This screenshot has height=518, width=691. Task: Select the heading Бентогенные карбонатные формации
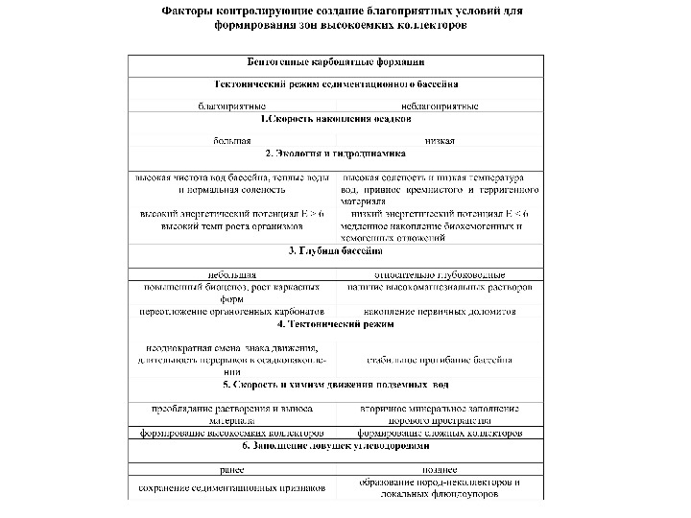pos(336,62)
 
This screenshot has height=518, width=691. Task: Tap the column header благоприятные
pos(231,105)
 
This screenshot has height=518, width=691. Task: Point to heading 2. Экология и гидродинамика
pos(336,153)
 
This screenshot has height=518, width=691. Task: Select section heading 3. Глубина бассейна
pos(336,250)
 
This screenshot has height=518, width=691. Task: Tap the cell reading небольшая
pos(232,274)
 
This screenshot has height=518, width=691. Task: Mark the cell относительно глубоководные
pos(440,274)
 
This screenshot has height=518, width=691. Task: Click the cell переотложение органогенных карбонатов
pos(232,312)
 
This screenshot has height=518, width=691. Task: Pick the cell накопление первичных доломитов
pos(440,312)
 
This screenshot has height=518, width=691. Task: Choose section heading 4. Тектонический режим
pos(336,325)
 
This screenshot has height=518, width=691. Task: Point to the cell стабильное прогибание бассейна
pos(440,360)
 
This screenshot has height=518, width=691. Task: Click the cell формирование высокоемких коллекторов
pos(232,434)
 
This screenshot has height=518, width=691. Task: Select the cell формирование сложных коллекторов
pos(440,434)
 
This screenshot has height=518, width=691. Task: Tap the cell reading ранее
pos(232,470)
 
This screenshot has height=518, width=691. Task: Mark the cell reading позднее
pos(440,470)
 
